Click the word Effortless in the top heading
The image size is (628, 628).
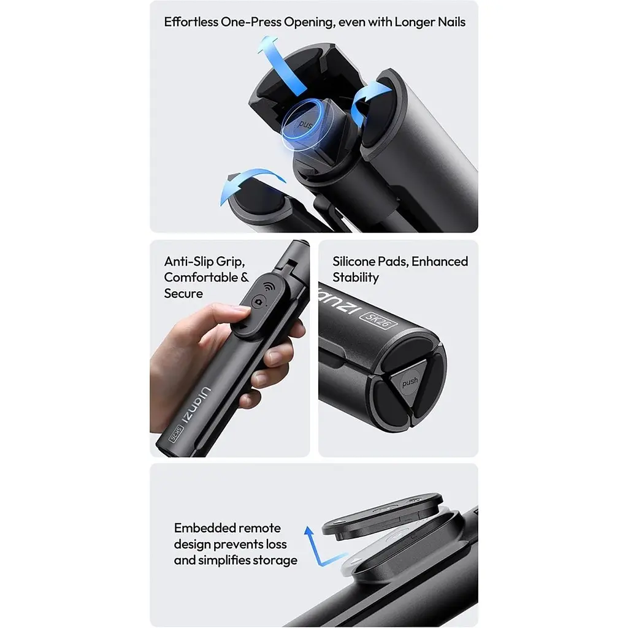coord(191,21)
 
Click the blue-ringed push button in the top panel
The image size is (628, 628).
coord(307,123)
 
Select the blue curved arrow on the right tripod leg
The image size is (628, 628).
coord(370,98)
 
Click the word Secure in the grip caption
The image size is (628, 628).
coord(183,294)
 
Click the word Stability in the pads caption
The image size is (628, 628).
coord(356,278)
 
